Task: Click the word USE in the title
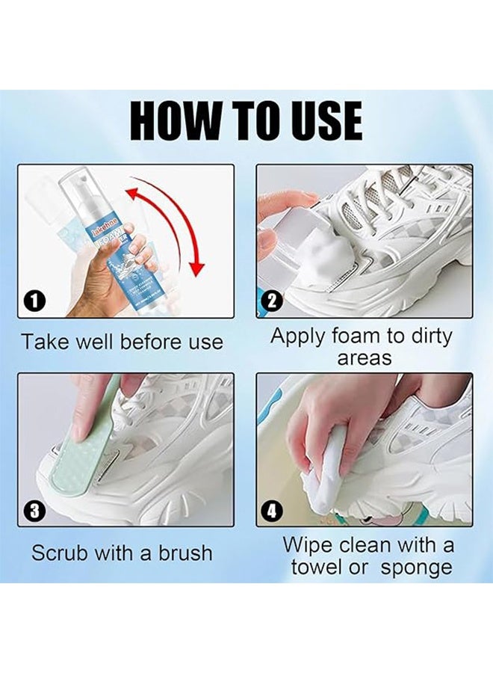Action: [x=316, y=120]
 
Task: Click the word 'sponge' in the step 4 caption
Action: [x=415, y=568]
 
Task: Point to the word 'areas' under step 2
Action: [x=365, y=357]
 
